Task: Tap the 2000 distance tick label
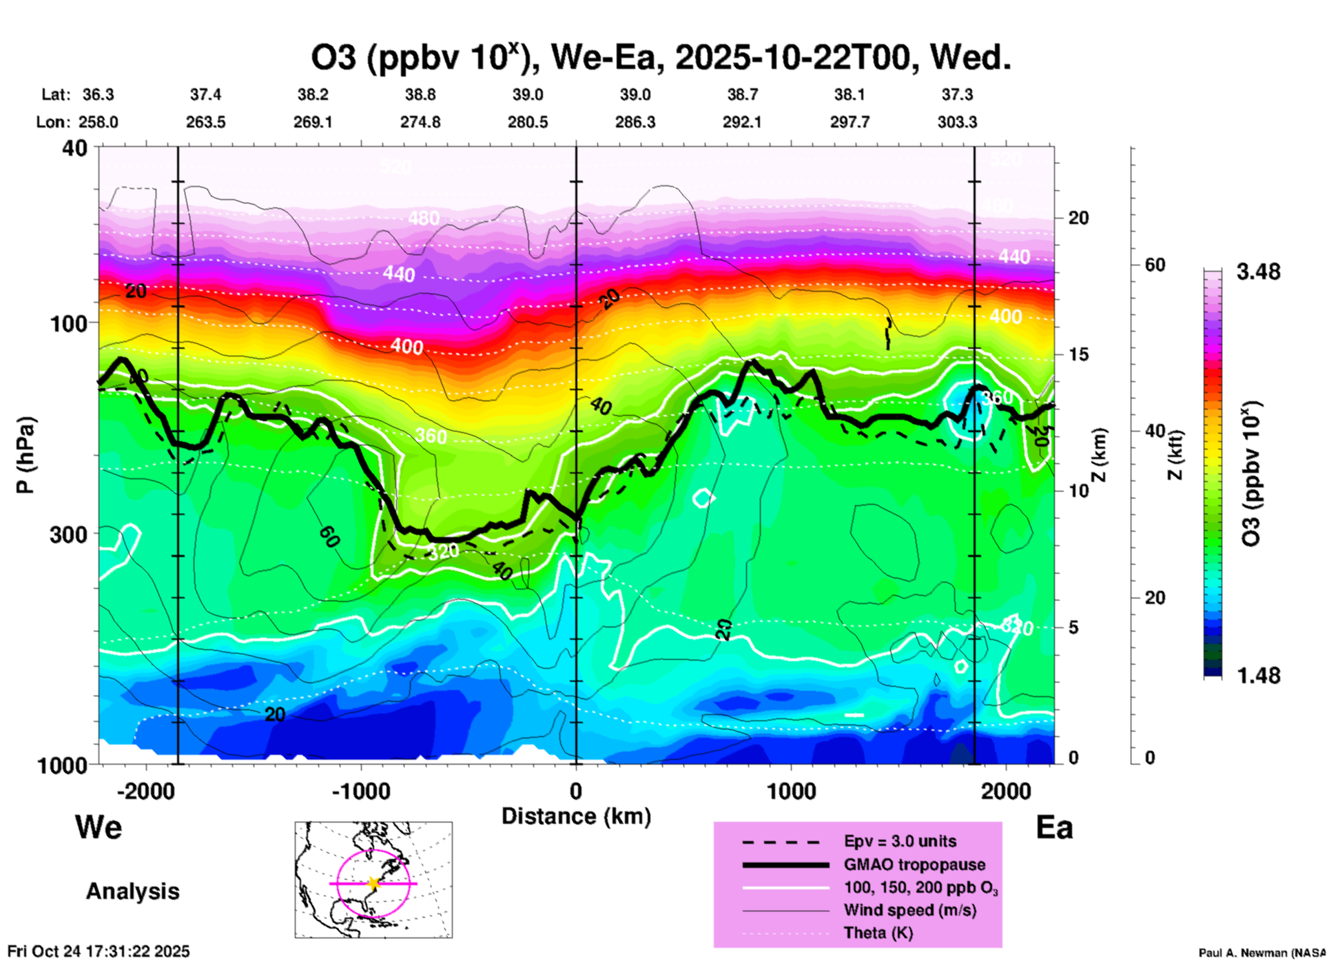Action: [x=1006, y=791]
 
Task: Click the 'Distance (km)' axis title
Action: [x=576, y=817]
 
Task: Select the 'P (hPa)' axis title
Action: [x=25, y=455]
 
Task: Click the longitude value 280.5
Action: [x=528, y=123]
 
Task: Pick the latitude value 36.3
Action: [x=98, y=94]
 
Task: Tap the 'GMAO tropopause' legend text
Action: [x=914, y=865]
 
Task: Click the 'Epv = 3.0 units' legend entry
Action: [x=900, y=842]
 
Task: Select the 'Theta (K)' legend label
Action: [x=878, y=933]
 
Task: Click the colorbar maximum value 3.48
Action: [x=1258, y=272]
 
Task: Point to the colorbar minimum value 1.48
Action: [x=1258, y=676]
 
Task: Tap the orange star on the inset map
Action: [x=373, y=883]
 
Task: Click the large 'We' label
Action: [x=99, y=827]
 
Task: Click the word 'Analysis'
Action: [x=132, y=891]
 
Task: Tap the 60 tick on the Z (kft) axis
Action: [x=1155, y=265]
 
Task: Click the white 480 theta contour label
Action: [x=423, y=219]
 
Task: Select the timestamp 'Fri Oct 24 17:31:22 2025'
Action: [x=99, y=951]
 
